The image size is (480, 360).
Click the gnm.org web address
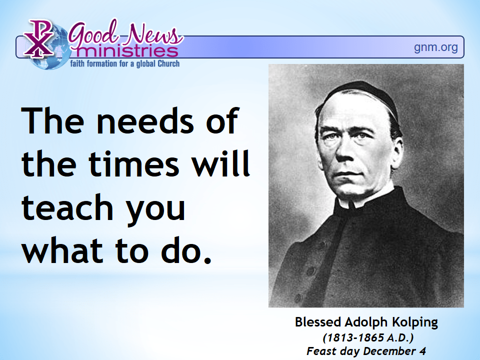[435, 48]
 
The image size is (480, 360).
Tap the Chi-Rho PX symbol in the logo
[38, 38]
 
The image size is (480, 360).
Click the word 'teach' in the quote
[67, 207]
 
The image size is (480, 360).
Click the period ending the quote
[207, 259]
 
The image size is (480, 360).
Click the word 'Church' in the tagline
[168, 63]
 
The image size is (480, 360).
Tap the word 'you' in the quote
[156, 210]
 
